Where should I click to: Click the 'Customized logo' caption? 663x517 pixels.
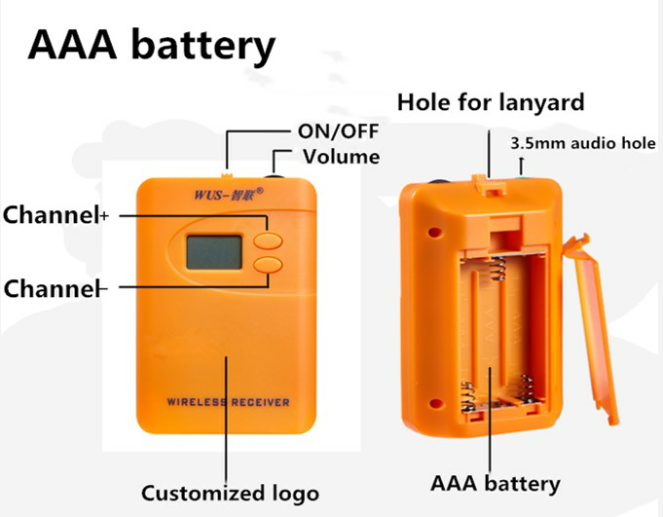click(x=230, y=492)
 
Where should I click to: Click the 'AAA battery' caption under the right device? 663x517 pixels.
click(x=497, y=483)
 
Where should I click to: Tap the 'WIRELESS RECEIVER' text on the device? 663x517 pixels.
click(x=228, y=402)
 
